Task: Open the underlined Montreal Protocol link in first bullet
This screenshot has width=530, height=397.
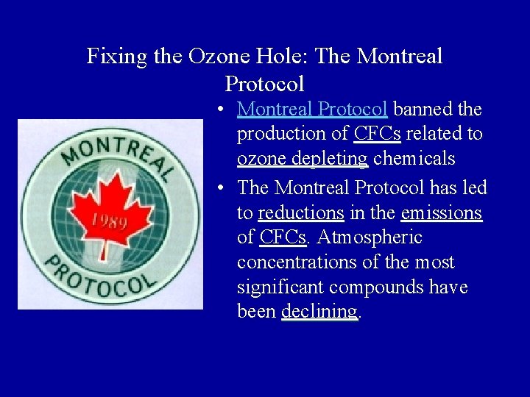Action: click(312, 110)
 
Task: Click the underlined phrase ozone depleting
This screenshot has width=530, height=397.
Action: click(302, 159)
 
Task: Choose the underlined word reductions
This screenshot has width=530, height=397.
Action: click(301, 213)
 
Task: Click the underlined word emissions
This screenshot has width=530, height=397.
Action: click(441, 213)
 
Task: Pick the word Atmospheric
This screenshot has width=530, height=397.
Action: click(370, 237)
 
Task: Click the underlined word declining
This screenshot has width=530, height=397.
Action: click(319, 312)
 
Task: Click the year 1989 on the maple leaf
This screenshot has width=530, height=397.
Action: click(110, 221)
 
